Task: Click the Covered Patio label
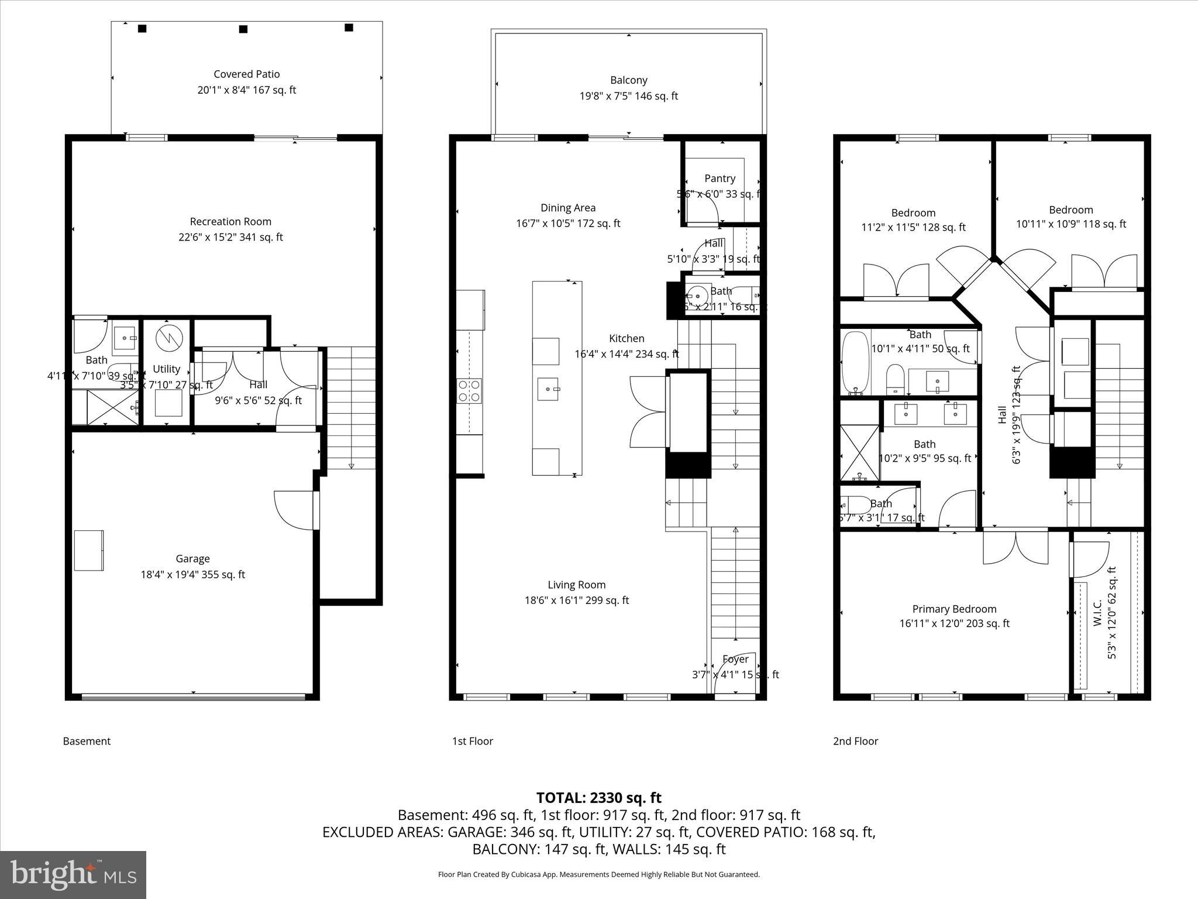246,74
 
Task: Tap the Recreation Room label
230,222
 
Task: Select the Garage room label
192,559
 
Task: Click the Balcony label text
628,80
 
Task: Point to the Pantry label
720,179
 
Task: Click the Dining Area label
567,208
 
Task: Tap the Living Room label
576,585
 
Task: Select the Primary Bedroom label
954,609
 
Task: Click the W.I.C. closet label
1097,612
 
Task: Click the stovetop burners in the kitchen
469,390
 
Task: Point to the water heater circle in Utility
169,338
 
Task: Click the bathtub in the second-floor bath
855,363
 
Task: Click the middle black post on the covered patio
243,29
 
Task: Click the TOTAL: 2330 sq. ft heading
598,798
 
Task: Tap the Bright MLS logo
73,875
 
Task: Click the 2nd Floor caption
855,741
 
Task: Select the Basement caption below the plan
87,741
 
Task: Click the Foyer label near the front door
735,659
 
